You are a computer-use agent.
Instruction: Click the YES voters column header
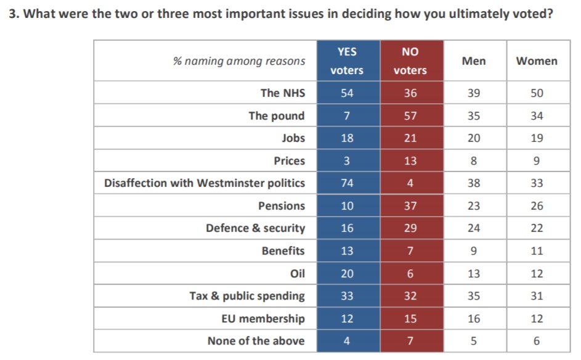[347, 61]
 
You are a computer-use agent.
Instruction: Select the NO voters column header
[410, 61]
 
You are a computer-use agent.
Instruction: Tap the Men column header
[474, 61]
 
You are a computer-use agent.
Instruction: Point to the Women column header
[537, 61]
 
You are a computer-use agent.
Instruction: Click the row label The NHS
[283, 92]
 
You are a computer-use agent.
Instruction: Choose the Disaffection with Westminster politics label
[205, 183]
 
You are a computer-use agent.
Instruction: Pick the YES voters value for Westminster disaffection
[347, 183]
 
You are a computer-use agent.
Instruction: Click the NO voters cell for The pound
[410, 116]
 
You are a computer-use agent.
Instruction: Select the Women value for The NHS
[537, 92]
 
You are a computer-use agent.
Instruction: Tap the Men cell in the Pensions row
[474, 206]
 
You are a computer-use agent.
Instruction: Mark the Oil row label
[297, 274]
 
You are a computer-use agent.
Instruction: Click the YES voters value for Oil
[347, 274]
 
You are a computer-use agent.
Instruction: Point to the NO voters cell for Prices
[410, 161]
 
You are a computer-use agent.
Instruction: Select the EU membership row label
[263, 319]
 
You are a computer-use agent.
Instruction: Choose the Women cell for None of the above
[537, 341]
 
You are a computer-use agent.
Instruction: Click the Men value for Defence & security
[474, 228]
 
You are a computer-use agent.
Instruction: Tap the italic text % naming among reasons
[239, 61]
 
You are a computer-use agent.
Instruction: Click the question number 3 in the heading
[14, 14]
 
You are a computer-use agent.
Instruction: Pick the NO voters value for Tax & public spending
[410, 296]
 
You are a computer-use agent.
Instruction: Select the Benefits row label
[283, 251]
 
